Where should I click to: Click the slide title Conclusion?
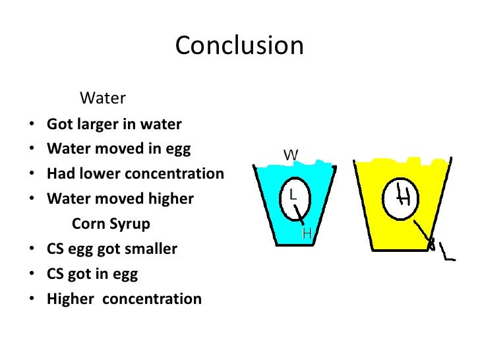(239, 46)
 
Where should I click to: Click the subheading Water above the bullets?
(102, 99)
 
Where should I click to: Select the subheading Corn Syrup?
(111, 224)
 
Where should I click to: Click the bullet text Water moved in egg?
(119, 149)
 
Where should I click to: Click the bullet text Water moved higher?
(120, 199)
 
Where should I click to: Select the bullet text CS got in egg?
(92, 274)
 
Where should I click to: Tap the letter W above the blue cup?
(291, 156)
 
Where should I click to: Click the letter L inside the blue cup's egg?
(293, 195)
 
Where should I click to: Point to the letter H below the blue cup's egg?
(307, 233)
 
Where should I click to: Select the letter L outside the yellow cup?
(448, 253)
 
